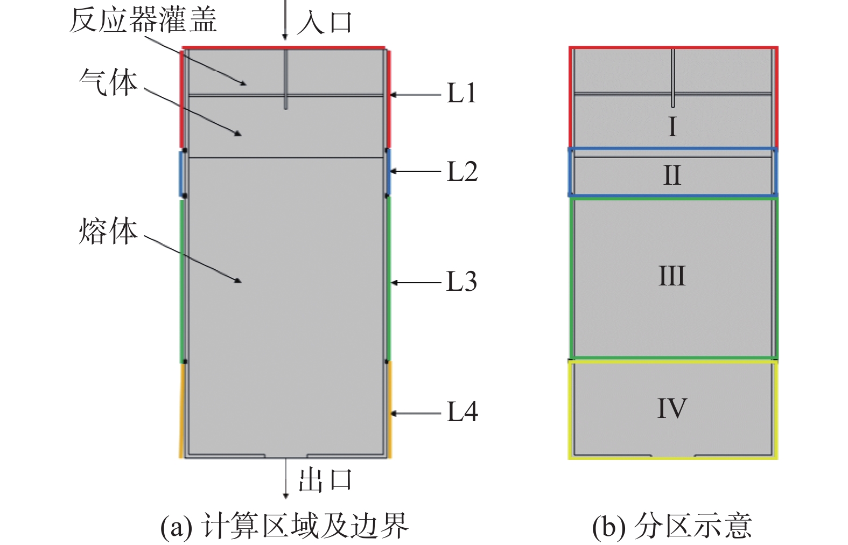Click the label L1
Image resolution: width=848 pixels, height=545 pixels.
[461, 93]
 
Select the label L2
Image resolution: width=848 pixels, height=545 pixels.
[462, 172]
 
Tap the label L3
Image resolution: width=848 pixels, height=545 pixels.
[461, 282]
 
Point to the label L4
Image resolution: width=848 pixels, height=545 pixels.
[462, 412]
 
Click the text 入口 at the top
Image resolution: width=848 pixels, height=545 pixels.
[325, 23]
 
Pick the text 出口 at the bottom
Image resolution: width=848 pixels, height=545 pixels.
[325, 480]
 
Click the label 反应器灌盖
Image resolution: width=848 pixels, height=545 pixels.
[143, 20]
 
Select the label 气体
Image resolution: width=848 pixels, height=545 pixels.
[108, 83]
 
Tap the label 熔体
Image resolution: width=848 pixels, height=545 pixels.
[108, 232]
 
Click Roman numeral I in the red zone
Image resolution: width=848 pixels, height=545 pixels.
[672, 127]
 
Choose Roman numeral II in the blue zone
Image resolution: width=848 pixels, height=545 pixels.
[672, 176]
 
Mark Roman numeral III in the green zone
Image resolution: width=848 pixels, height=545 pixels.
[672, 276]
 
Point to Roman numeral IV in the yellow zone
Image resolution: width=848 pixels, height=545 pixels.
[672, 408]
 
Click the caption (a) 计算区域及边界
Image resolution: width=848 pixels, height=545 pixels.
[284, 526]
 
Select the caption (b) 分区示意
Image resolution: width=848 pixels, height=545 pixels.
[671, 526]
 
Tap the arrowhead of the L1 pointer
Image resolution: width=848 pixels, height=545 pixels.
[394, 95]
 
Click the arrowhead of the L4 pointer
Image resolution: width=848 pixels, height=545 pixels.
[394, 414]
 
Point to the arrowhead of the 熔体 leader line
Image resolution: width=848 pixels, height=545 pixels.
[238, 281]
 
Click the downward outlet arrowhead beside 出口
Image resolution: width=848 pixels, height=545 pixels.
[286, 495]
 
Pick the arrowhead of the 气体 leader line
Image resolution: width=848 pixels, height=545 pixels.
[238, 133]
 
